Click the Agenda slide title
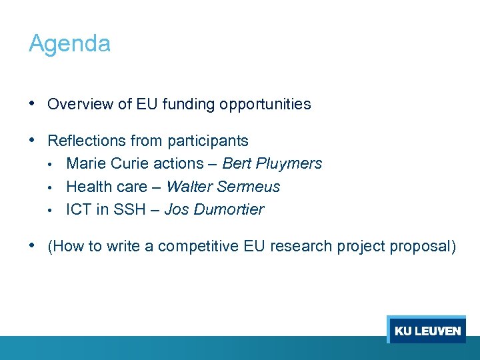pyautogui.click(x=69, y=44)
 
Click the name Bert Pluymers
pyautogui.click(x=272, y=164)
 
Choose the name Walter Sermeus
pyautogui.click(x=223, y=187)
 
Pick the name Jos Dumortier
pyautogui.click(x=214, y=209)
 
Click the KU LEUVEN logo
pyautogui.click(x=427, y=331)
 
